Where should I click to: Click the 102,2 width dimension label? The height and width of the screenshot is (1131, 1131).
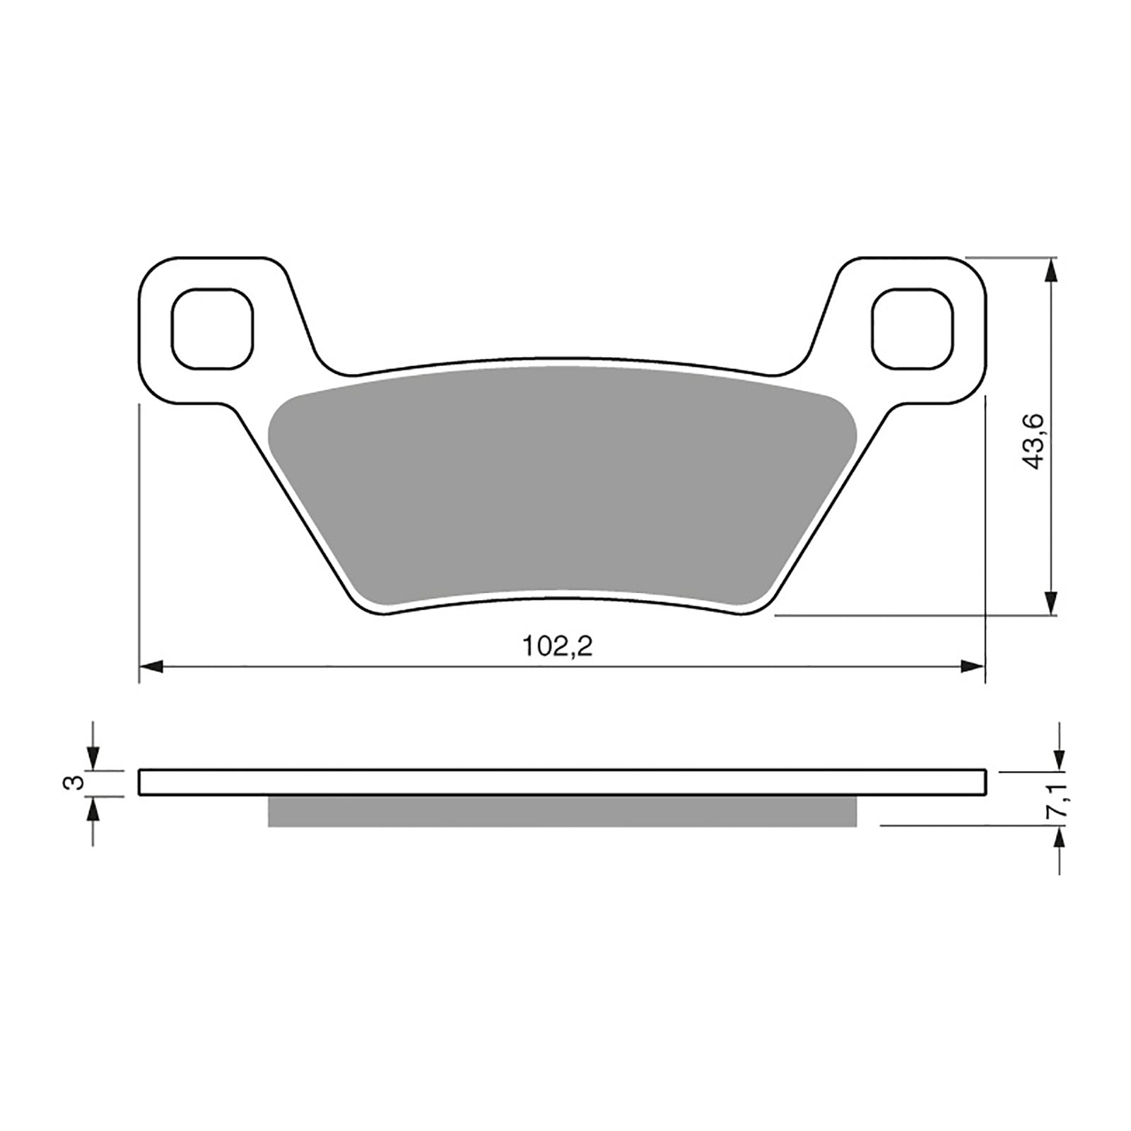(x=556, y=646)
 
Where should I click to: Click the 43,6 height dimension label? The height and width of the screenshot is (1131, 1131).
(x=1034, y=443)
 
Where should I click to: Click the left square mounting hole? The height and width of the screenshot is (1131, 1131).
(x=212, y=329)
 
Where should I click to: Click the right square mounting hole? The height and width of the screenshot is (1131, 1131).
(x=912, y=329)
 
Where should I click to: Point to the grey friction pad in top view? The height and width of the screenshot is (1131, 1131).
(x=562, y=488)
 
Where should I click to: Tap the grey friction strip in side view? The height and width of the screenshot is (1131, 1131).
(x=562, y=811)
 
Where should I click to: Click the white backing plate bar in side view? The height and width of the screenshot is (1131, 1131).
(x=562, y=783)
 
